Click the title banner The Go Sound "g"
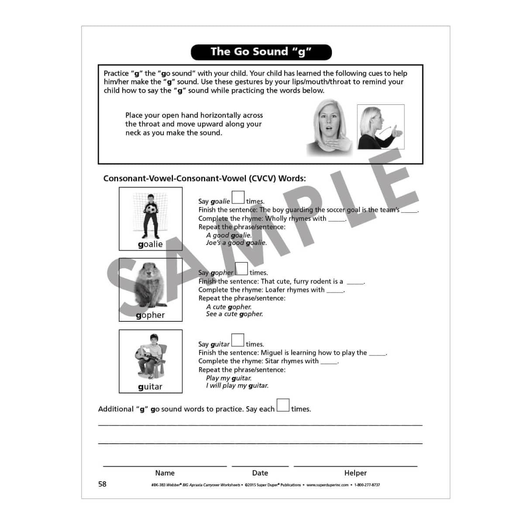click(261, 52)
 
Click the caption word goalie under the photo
click(150, 245)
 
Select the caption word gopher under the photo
click(150, 315)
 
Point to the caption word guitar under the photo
click(150, 387)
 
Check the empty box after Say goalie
click(238, 198)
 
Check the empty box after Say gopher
click(241, 269)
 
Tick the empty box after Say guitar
click(238, 340)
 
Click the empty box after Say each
click(283, 405)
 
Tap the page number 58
click(102, 484)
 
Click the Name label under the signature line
click(165, 473)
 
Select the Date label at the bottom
click(260, 473)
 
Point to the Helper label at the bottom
click(355, 473)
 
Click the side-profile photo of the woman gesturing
click(380, 127)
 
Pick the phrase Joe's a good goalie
click(236, 243)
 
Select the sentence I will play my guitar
click(237, 386)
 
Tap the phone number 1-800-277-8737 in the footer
click(367, 485)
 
